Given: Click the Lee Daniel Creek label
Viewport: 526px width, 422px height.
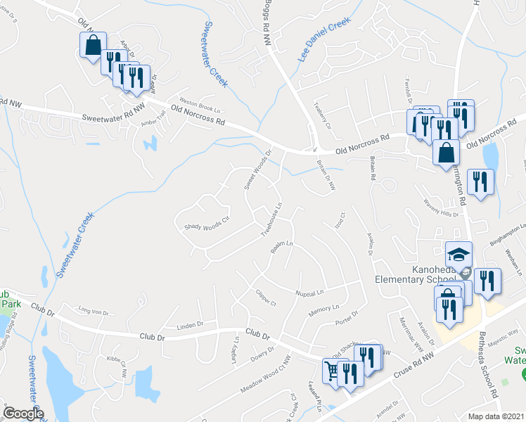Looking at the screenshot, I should [323, 40].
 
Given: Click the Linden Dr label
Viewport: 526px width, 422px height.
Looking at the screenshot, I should [189, 324].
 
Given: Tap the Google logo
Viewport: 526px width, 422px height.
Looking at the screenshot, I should [23, 414].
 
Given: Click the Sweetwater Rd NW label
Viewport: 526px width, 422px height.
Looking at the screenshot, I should [113, 119].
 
